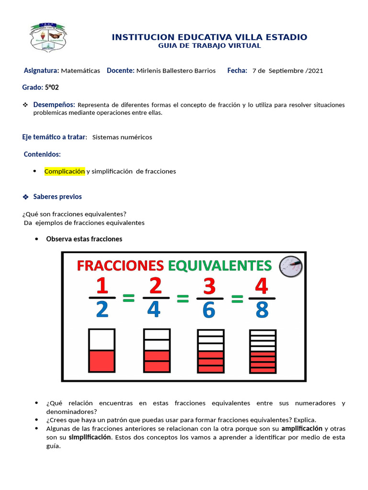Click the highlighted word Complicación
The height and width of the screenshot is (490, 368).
coord(65,171)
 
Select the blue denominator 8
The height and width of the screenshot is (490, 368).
coord(262,311)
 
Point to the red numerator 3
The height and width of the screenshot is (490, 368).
coord(209,287)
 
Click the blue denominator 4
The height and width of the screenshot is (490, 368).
coord(154,311)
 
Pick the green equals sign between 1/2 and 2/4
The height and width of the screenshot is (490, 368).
coord(128,299)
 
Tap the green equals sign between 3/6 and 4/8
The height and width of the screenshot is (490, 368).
coord(236,299)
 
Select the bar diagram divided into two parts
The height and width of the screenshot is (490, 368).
coord(101,351)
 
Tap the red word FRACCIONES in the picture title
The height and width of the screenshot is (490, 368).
coord(120,265)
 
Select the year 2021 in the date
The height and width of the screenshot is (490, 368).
coord(316,71)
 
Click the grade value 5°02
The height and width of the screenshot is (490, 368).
coord(52,88)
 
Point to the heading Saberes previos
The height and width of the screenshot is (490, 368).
coord(57,197)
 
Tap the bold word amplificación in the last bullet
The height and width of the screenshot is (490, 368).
coord(301,428)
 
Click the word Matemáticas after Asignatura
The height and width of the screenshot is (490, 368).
coord(80,71)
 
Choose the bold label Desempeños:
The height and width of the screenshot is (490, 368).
coord(54,105)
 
